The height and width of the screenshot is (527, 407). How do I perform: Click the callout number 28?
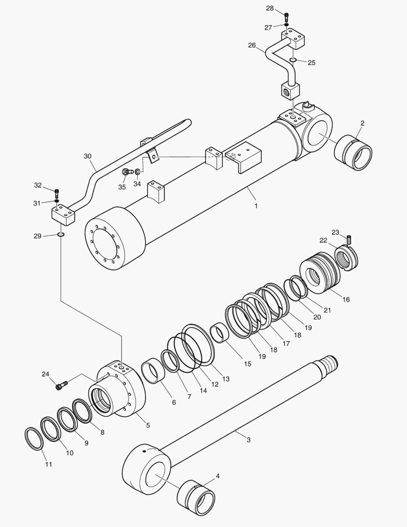pyautogui.click(x=270, y=8)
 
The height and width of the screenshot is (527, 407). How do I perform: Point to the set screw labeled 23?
pyautogui.click(x=349, y=239)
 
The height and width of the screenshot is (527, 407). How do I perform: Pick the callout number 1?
pyautogui.click(x=256, y=206)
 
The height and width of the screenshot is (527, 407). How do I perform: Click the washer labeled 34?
pyautogui.click(x=138, y=172)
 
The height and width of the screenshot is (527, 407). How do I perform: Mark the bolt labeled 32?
pyautogui.click(x=57, y=191)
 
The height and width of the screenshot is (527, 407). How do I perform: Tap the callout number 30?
pyautogui.click(x=87, y=156)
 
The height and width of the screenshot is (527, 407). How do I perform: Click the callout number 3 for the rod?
pyautogui.click(x=249, y=440)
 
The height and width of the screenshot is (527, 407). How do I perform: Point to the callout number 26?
pyautogui.click(x=252, y=45)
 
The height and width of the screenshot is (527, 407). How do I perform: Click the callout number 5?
pyautogui.click(x=148, y=425)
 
